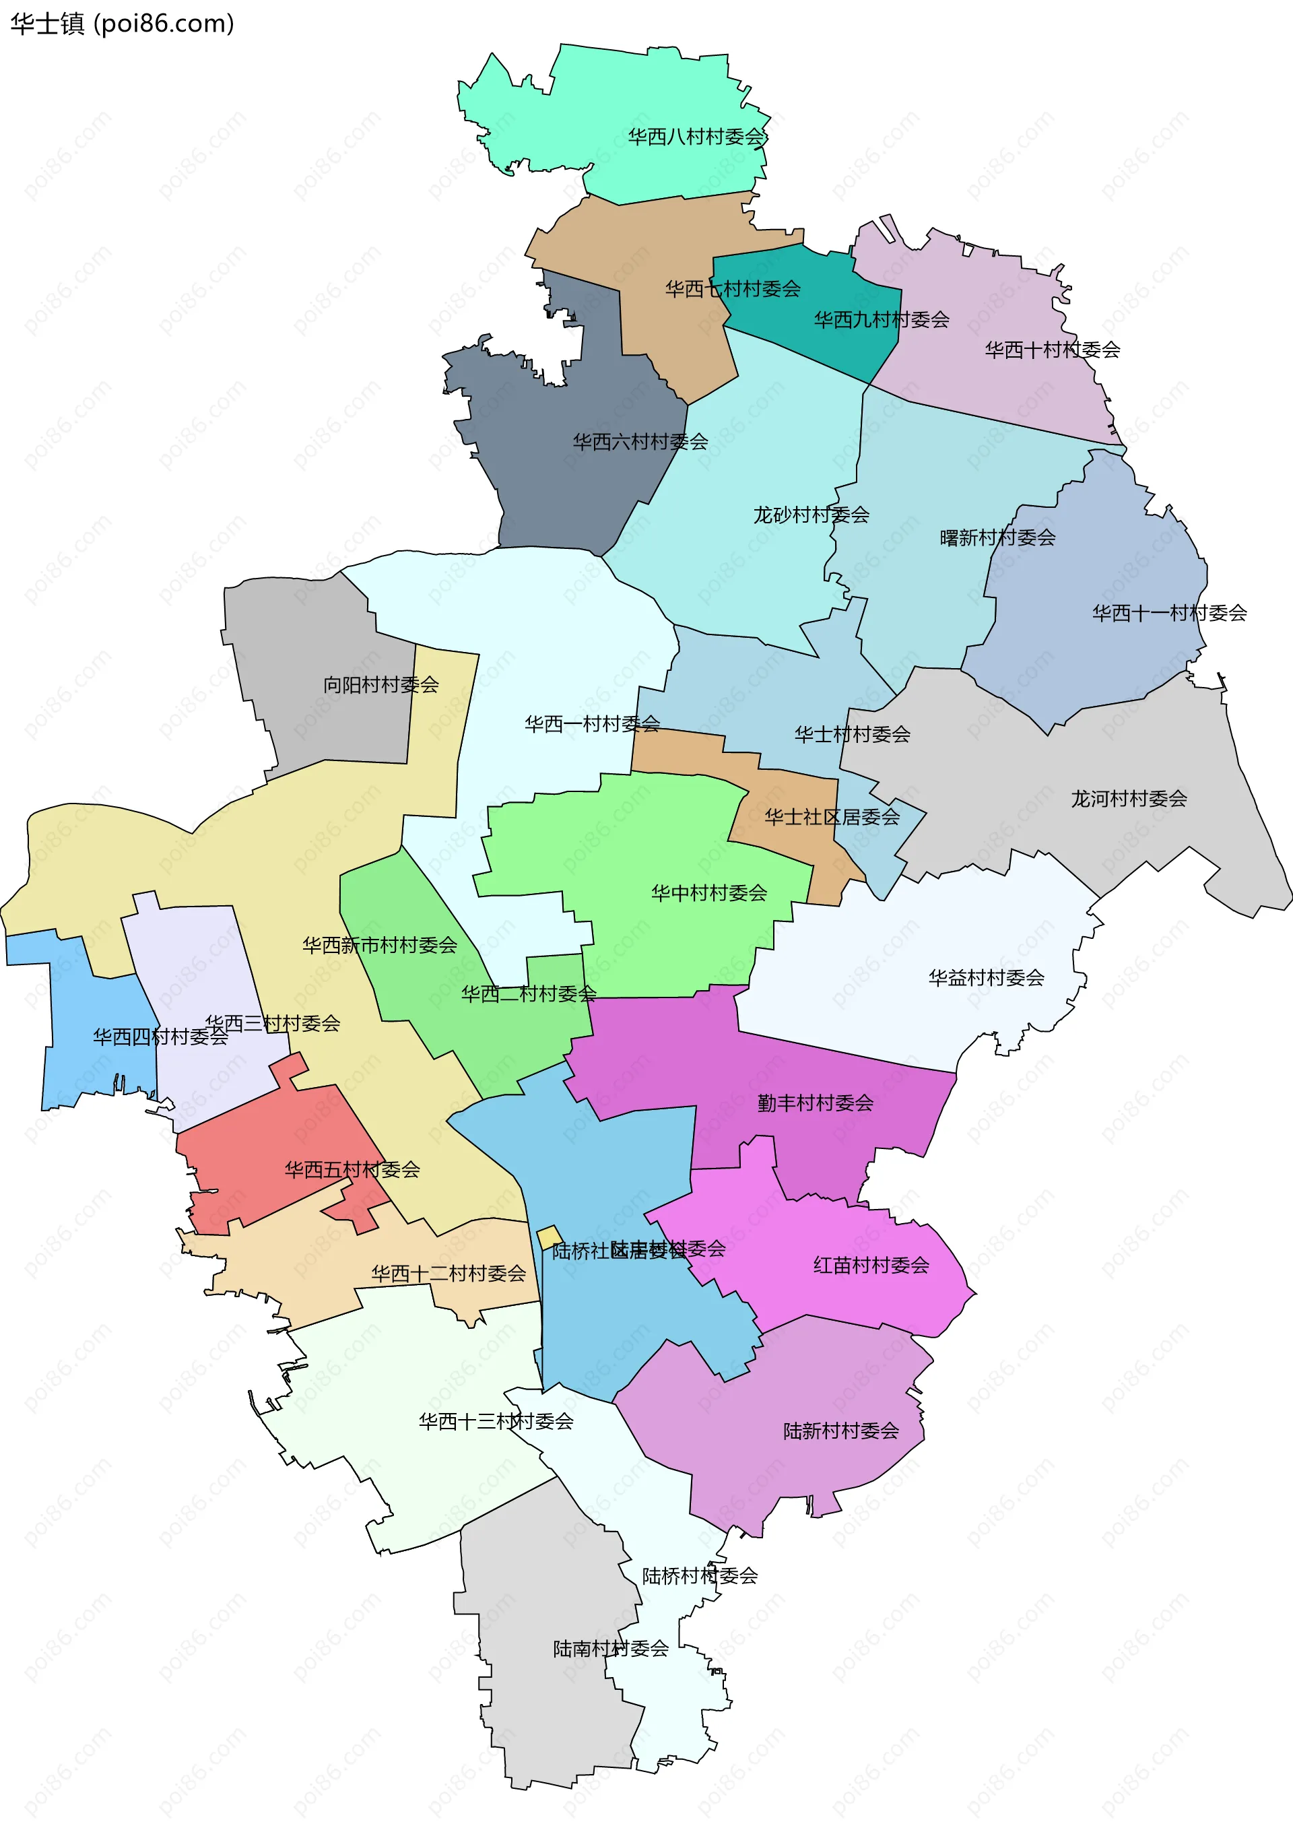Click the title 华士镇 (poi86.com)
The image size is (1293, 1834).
(122, 24)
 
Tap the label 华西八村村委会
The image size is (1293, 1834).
(696, 137)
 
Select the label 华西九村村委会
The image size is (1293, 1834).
(881, 321)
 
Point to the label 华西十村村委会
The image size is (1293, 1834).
(1052, 350)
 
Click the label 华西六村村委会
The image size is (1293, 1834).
(640, 442)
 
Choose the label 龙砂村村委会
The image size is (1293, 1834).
(811, 515)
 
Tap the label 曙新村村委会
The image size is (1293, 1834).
(997, 538)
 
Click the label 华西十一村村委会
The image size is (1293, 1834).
(1169, 614)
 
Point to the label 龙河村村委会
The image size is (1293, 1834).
(1129, 799)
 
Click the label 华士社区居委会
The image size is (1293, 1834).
(832, 817)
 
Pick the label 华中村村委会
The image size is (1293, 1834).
(708, 893)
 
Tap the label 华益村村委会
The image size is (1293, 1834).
(987, 978)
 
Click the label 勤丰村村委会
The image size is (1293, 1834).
(816, 1103)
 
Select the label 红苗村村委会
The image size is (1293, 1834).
(871, 1266)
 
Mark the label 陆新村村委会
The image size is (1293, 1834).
(841, 1431)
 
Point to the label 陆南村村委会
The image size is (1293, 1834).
(611, 1649)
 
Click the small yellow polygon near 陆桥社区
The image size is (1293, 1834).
(549, 1237)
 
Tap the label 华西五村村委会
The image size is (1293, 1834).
(352, 1170)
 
